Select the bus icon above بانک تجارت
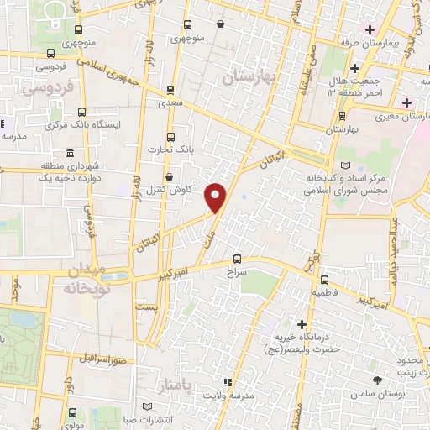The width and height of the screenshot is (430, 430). (171, 136)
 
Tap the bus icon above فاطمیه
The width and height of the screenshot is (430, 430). (324, 281)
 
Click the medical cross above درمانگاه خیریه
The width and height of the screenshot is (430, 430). (302, 323)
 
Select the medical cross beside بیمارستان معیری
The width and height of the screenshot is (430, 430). (408, 102)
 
